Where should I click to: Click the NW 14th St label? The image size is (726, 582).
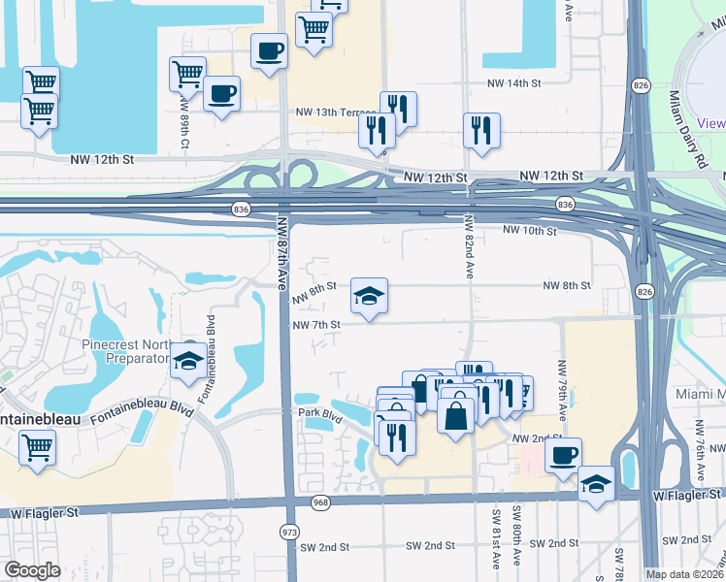(x=515, y=84)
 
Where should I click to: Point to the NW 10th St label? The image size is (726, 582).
(x=530, y=231)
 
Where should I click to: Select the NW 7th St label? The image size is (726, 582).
(x=316, y=325)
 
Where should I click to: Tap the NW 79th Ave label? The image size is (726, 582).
(x=561, y=382)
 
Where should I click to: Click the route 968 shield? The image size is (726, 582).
(x=321, y=502)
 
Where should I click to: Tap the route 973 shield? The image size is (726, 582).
(x=288, y=532)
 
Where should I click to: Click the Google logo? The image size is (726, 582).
(x=32, y=570)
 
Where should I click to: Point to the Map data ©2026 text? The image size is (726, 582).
(x=684, y=574)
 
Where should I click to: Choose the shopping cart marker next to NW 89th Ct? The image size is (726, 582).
(x=186, y=74)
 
